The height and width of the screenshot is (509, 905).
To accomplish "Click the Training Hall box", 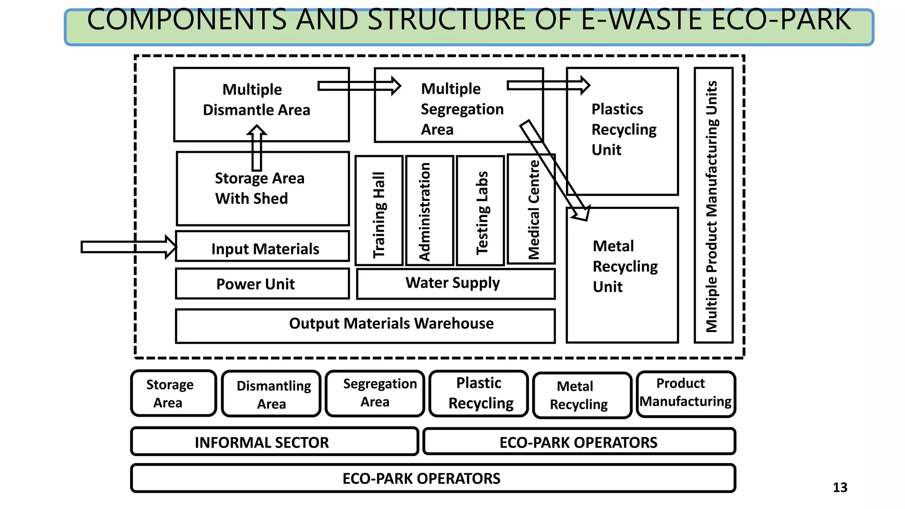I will [x=379, y=211].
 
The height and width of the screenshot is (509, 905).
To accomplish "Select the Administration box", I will [x=430, y=211].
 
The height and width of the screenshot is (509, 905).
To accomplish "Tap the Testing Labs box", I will [x=481, y=211].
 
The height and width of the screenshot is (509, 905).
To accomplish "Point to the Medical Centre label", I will [x=534, y=210].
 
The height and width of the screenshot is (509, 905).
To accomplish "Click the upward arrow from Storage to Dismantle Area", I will [x=257, y=148].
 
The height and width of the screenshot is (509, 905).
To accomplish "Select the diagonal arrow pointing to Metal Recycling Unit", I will [x=555, y=170].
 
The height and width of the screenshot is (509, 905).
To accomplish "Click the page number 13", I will [x=840, y=487].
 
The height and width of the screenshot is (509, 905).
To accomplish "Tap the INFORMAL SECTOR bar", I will [x=274, y=442].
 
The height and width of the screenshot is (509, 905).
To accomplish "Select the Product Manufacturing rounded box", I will [x=685, y=394].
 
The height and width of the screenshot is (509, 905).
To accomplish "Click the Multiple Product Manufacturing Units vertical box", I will [x=713, y=205].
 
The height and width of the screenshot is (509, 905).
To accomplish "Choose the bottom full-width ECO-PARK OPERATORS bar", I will [x=433, y=478].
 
